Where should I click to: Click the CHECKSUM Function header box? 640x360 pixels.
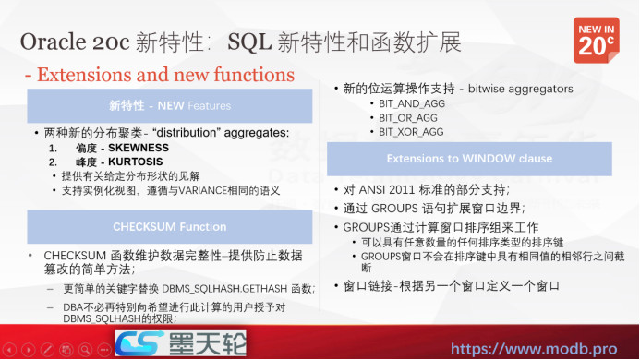169,226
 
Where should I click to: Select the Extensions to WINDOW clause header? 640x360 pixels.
469,159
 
